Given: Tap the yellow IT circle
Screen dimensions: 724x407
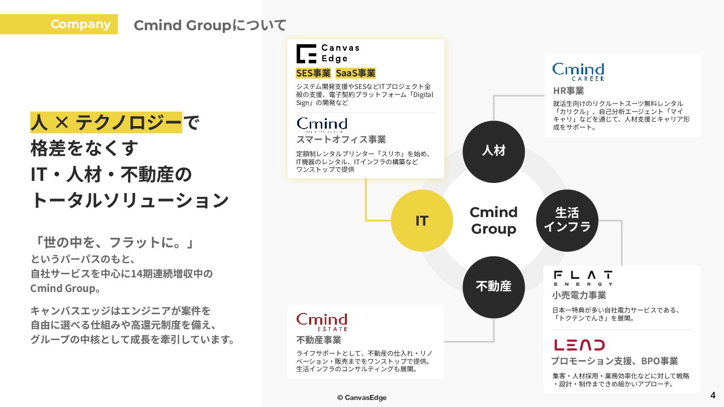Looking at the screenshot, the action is click(x=421, y=221).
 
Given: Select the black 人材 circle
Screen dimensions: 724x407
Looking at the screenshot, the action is click(x=493, y=151).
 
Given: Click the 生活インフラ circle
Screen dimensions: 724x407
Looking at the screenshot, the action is click(x=567, y=220).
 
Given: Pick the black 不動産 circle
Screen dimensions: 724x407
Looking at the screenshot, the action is click(x=493, y=286).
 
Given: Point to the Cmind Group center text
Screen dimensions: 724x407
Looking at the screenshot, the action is click(x=493, y=220).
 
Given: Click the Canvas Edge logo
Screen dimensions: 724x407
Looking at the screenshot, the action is click(x=328, y=53).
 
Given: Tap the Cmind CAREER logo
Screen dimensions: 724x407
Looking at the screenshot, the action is click(x=578, y=71).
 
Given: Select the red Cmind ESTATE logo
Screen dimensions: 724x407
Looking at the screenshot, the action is click(x=322, y=322).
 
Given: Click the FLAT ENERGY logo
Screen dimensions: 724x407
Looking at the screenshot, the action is click(x=583, y=278).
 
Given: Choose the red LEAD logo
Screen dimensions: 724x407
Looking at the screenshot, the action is click(x=579, y=345).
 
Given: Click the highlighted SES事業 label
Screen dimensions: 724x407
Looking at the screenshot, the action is click(x=313, y=73).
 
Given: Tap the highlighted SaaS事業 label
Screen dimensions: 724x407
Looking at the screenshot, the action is click(x=355, y=73).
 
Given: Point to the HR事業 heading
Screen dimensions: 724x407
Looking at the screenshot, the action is click(x=568, y=91).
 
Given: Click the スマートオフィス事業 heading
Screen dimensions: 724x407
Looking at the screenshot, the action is click(x=341, y=139).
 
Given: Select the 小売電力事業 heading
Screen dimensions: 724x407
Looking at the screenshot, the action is click(x=579, y=295).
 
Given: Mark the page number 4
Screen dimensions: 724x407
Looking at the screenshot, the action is click(x=712, y=395).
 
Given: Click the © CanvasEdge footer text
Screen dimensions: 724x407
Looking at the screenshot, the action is click(x=362, y=397).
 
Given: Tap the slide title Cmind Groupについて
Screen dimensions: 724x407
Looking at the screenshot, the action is click(x=210, y=25).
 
